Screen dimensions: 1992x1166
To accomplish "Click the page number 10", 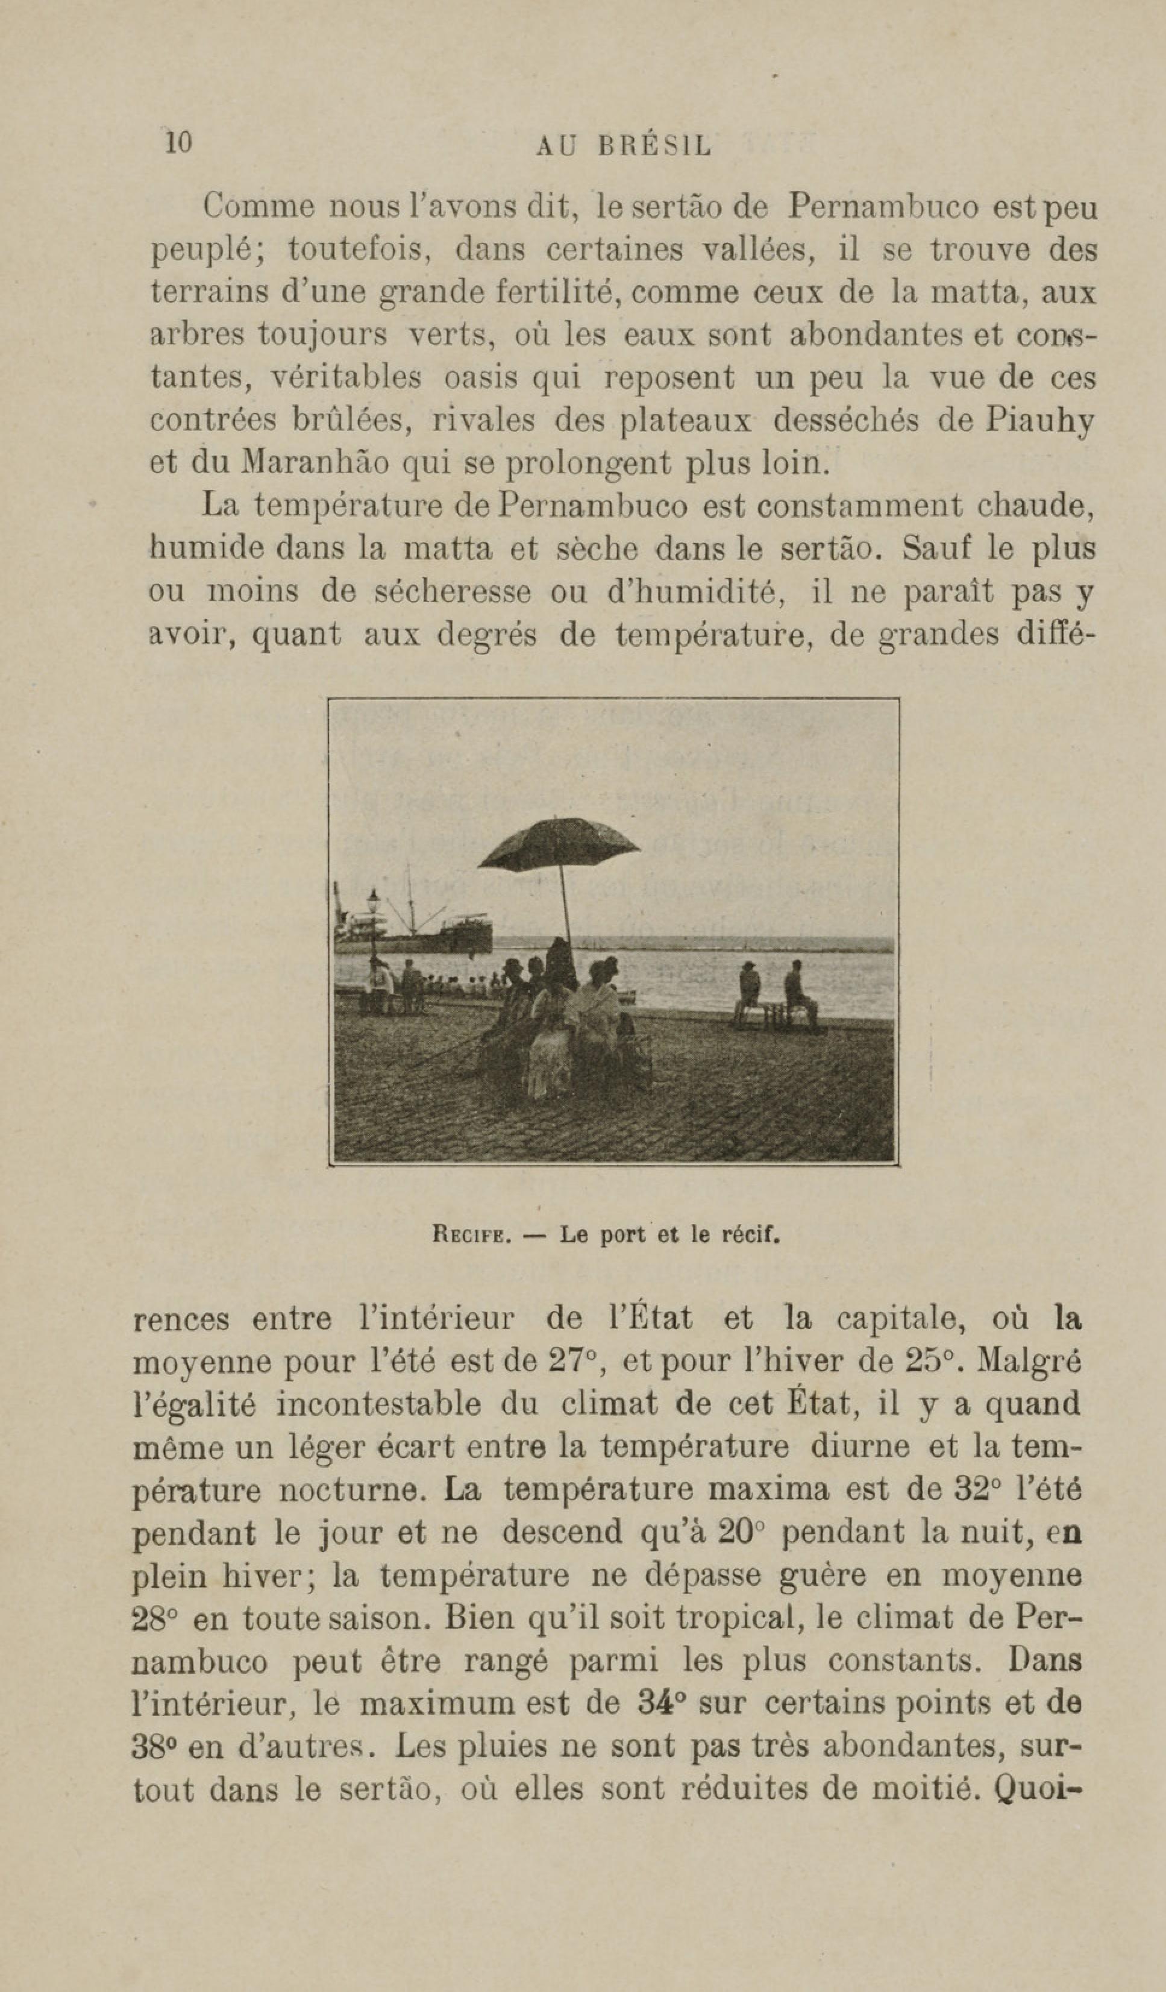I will click(178, 142).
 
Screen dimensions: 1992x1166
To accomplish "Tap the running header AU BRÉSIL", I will click(623, 146).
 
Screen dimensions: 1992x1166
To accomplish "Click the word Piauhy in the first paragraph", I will click(1039, 421).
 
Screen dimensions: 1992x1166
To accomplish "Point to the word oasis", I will click(477, 378).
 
